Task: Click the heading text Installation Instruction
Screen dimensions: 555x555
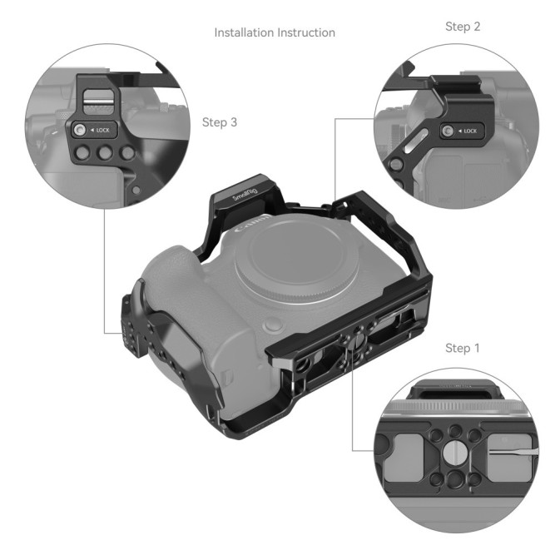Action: [x=275, y=33]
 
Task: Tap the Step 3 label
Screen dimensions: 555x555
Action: [x=220, y=122]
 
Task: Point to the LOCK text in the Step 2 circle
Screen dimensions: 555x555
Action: [x=469, y=131]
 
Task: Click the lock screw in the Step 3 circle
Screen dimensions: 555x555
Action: [x=80, y=131]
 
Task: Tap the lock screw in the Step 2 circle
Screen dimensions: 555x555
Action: [x=447, y=131]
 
